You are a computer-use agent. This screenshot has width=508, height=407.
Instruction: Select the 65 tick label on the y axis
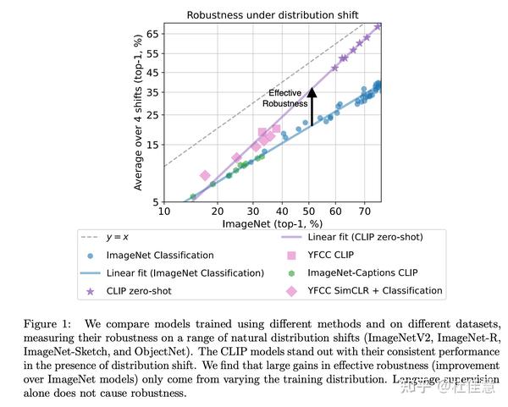tap(153, 33)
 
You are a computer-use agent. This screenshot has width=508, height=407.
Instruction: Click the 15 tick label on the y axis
tap(153, 144)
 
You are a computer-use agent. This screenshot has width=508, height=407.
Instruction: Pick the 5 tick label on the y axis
tap(156, 202)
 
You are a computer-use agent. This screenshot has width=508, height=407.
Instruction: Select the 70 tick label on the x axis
tap(364, 212)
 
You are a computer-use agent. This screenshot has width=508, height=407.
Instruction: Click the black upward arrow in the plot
tap(312, 107)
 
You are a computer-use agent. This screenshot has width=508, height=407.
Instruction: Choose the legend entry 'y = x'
tap(123, 237)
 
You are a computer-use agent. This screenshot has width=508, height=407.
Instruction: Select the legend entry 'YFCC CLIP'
tap(333, 255)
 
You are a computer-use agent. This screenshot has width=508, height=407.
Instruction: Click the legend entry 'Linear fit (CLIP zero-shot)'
tap(365, 237)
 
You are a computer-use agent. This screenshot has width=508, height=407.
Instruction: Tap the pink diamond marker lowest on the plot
tap(205, 175)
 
